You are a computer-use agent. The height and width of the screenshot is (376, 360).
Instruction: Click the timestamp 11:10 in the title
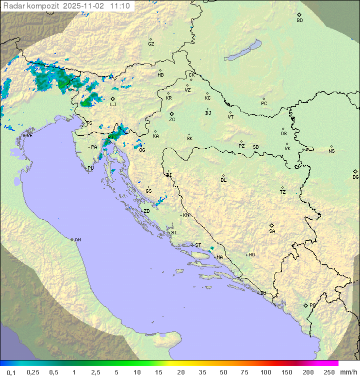pos(120,6)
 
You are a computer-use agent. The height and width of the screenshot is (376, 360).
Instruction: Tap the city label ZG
pos(172,120)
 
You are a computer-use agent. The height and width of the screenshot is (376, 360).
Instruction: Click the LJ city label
pos(113,104)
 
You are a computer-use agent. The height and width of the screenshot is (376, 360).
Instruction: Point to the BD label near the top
pos(299,21)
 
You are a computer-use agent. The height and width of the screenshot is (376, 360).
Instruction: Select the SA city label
pos(272,231)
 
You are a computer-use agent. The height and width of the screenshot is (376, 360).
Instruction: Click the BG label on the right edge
pos(355,177)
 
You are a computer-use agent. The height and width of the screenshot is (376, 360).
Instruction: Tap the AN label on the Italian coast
pos(77,240)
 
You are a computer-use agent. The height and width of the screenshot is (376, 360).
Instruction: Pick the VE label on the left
pos(29,136)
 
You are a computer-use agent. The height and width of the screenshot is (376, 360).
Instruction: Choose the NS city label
pos(331,151)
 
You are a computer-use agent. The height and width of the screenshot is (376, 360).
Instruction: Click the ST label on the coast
pos(198,245)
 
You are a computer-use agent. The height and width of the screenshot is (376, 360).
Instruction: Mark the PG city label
pos(312,305)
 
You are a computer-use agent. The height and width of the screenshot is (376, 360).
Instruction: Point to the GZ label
pos(151,44)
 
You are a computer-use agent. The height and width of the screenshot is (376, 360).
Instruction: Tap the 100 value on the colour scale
pos(265,372)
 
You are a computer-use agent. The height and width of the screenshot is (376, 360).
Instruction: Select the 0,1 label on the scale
pos(11,372)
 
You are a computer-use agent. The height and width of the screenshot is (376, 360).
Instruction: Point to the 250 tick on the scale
pos(329,372)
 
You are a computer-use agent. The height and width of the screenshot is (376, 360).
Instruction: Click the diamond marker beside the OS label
pos(283,129)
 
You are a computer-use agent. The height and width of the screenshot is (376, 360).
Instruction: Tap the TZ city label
pos(283,192)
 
